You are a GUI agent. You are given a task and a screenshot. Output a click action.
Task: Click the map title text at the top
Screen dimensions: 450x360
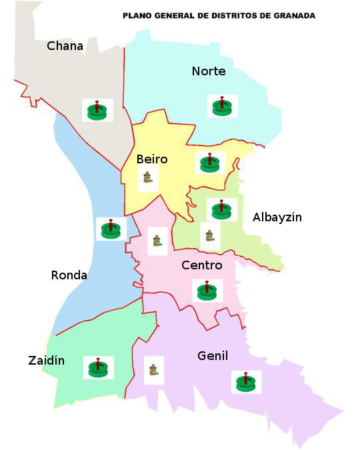click(x=219, y=15)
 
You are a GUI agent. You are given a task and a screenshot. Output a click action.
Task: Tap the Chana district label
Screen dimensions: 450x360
click(x=65, y=46)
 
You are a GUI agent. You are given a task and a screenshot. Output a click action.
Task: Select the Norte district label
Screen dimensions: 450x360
click(x=209, y=71)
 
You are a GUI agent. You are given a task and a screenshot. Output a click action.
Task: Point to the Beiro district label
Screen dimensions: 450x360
click(x=152, y=159)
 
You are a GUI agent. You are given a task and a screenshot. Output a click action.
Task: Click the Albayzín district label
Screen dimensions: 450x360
click(x=277, y=217)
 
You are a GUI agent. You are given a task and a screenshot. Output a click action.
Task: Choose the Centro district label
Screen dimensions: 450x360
click(x=202, y=265)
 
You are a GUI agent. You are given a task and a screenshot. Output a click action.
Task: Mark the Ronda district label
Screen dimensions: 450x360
click(x=69, y=275)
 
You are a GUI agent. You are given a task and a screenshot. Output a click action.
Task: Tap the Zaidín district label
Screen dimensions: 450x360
click(x=47, y=361)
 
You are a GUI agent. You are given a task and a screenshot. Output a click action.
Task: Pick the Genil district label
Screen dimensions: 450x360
click(x=213, y=356)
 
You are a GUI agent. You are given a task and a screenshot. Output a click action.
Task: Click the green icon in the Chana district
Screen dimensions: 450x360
click(x=97, y=110)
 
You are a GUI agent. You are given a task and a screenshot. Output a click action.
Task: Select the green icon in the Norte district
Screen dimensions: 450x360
click(x=221, y=105)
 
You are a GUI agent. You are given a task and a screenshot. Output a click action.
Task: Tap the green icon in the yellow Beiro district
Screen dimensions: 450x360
click(x=210, y=163)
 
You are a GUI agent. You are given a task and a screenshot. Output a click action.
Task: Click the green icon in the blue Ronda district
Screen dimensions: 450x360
click(x=111, y=229)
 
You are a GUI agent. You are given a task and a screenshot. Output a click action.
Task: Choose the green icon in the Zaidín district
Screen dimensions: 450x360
click(x=99, y=367)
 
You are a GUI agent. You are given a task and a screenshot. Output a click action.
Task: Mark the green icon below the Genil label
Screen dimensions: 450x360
click(x=247, y=382)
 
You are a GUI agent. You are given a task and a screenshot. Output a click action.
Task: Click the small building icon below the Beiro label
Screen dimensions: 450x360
click(x=148, y=179)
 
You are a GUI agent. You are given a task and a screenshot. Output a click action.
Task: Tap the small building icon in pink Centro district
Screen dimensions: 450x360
click(x=157, y=240)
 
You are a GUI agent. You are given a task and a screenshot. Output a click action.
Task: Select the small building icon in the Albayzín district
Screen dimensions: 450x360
click(x=210, y=235)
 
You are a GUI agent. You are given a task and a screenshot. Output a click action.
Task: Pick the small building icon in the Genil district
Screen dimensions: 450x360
click(x=154, y=370)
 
